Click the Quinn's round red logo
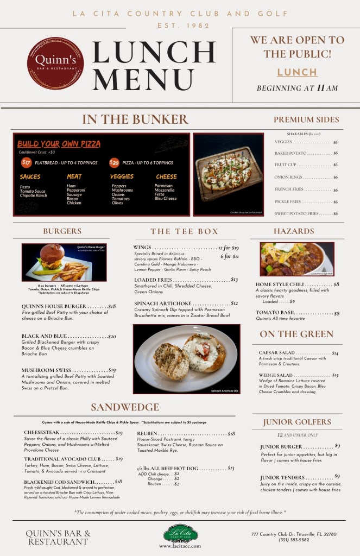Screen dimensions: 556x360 coord(55,62)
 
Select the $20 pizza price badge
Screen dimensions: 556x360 coord(115,162)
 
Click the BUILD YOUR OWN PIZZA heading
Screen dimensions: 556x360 coord(59,144)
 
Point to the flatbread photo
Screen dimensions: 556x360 coord(228,174)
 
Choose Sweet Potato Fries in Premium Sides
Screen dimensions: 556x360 coord(296,213)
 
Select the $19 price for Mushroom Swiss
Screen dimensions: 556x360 coord(112,370)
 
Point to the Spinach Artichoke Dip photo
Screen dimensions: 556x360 coord(186,359)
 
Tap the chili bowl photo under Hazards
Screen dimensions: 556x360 coord(297,259)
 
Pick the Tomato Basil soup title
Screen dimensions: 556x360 coord(276,313)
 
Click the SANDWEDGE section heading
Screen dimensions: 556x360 coord(125,407)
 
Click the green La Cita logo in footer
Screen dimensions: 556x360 coord(180,534)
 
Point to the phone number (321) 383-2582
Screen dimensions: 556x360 coord(287,540)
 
